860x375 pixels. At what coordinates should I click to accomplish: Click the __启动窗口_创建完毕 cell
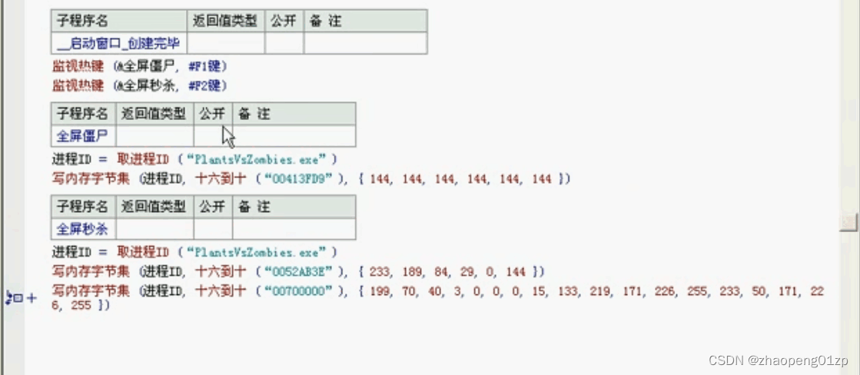coord(118,43)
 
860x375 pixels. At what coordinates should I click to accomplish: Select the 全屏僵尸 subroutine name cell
coord(83,136)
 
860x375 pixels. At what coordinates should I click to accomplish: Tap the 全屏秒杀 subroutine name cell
coord(83,228)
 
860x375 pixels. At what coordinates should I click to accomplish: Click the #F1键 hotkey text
coord(207,67)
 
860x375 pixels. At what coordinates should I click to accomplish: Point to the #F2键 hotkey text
coord(207,85)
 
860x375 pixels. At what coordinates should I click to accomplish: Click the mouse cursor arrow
coord(227,138)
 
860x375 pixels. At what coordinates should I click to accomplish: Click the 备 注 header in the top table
coord(324,21)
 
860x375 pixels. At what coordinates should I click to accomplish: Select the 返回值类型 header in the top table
coord(226,21)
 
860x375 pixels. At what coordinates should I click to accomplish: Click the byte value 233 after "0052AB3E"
coord(379,272)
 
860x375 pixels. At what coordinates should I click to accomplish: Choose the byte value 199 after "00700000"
coord(379,290)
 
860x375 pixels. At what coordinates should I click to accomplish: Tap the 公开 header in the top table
coord(284,21)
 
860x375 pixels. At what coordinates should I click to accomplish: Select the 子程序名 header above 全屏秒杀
coord(83,206)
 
